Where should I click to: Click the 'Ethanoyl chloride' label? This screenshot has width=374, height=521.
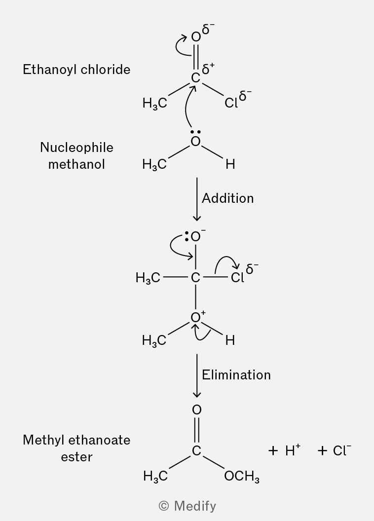[x=76, y=70]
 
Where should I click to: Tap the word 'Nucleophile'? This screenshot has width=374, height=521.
[x=76, y=148]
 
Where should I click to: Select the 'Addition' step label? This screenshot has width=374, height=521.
[x=228, y=198]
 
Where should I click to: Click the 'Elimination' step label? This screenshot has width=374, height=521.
[x=236, y=375]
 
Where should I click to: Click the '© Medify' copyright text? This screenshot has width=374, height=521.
[x=187, y=506]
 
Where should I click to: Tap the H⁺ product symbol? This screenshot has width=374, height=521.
[x=293, y=450]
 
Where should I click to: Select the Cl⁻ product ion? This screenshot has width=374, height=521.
[x=342, y=450]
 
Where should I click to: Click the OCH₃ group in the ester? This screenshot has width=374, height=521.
[x=242, y=477]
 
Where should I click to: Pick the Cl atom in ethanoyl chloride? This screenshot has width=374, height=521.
[x=231, y=103]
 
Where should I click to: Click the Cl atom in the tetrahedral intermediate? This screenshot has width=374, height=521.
[x=237, y=277]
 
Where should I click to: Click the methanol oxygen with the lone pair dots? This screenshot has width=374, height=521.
[x=196, y=142]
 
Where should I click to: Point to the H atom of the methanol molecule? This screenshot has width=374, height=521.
[x=230, y=164]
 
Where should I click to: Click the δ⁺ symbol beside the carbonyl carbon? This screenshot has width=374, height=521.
[x=208, y=69]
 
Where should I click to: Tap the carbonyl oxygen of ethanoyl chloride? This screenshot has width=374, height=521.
[x=196, y=37]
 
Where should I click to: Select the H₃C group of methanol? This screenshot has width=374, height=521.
[x=154, y=165]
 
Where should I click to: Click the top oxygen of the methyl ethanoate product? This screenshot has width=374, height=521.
[x=197, y=409]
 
